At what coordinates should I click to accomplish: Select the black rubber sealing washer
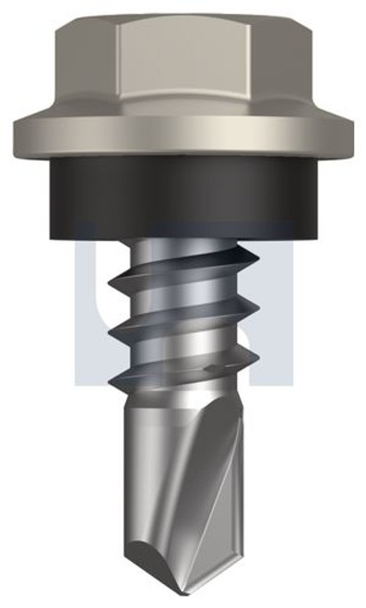pos(183,198)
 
